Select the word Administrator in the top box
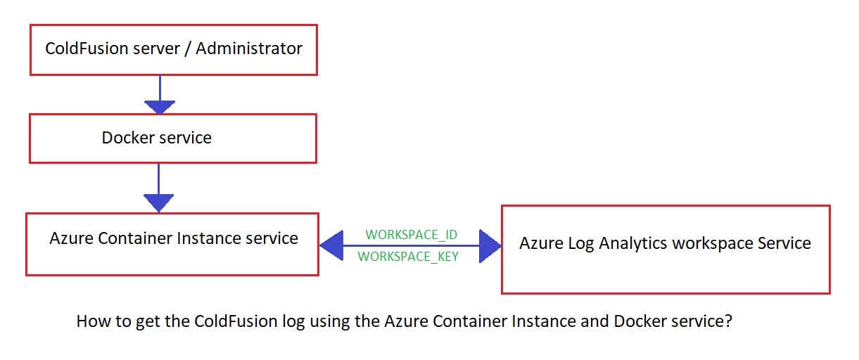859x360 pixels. click(x=249, y=49)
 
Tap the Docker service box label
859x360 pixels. click(x=156, y=138)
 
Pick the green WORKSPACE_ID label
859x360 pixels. click(x=412, y=234)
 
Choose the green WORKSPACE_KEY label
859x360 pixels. click(x=408, y=257)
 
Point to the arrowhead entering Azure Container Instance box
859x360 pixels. click(x=158, y=203)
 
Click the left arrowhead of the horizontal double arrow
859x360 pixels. click(x=330, y=245)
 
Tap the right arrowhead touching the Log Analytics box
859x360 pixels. click(x=490, y=245)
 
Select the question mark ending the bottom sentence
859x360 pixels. click(x=729, y=321)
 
